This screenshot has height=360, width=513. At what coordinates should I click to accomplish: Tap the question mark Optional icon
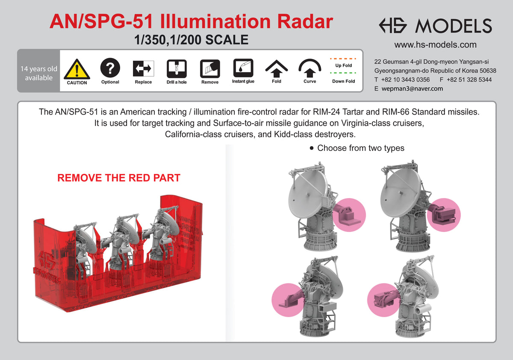110,68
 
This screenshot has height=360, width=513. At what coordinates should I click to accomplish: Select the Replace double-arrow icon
143,68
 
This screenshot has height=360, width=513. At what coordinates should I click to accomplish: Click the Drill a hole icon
177,68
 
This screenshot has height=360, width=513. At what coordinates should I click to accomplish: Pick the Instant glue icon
243,68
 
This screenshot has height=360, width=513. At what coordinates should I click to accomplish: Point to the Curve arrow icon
310,68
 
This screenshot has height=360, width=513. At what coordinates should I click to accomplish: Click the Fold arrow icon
277,68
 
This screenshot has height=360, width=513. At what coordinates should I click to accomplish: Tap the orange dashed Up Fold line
344,58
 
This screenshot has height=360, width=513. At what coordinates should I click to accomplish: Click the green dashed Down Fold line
344,73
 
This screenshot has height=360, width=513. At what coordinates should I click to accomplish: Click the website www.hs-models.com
435,45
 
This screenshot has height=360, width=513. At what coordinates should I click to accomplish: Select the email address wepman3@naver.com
413,89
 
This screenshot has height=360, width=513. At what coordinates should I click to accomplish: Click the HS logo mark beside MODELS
395,26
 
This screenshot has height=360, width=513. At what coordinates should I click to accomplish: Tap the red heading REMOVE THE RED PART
119,178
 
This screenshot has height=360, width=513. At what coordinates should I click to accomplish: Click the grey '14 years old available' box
38,74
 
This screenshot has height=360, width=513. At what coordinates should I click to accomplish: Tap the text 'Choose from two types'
360,148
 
